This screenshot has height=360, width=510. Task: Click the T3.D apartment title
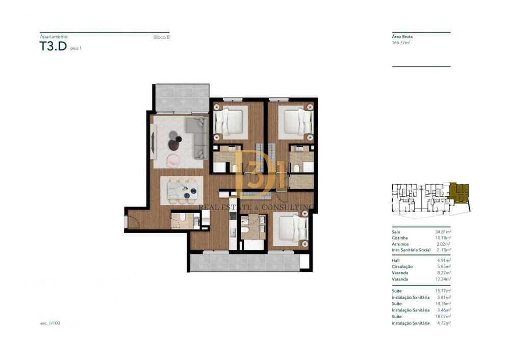[x=53, y=46]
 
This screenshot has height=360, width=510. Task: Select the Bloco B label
[x=161, y=37]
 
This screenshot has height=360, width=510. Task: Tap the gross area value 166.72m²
[x=401, y=42]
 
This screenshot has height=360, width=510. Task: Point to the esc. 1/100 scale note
[x=50, y=323]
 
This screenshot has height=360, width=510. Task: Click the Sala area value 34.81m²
[x=443, y=232]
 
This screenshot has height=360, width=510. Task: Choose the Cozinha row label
[x=400, y=238]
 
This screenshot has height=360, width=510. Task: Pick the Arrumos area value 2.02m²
[x=444, y=244]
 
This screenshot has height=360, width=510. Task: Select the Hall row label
[x=396, y=260]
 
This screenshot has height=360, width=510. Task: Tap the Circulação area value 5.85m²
[x=444, y=266]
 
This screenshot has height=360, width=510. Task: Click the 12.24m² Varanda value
[x=443, y=279]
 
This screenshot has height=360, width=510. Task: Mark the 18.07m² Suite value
[x=443, y=317]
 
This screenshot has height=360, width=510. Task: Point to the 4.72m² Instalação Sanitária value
[x=444, y=323]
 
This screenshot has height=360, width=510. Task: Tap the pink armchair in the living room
[x=173, y=161]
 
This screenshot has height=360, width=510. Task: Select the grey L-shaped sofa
[x=198, y=138]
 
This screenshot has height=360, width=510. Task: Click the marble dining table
[x=182, y=190]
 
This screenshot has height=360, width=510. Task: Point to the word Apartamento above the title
[x=54, y=37]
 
